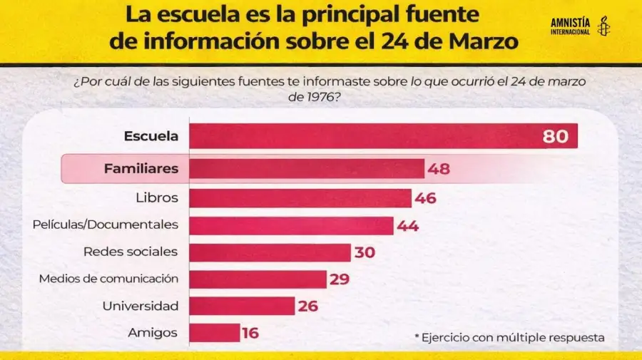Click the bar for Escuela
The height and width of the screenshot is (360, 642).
pos(364,136)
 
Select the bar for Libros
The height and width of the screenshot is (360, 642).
pos(300,198)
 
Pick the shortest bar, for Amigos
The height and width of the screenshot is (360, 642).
pos(215,333)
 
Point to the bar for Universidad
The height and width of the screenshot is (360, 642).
pos(242,306)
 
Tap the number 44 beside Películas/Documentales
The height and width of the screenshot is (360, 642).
pos(408,226)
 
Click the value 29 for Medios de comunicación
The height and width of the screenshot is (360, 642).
pos(340,279)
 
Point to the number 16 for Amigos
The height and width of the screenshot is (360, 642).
pos(250,333)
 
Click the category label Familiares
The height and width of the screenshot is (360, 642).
pos(141,169)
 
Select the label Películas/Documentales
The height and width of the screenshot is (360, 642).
pos(105,225)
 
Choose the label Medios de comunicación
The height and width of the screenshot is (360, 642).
pos(108,279)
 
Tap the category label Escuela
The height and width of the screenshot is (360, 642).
pos(151,136)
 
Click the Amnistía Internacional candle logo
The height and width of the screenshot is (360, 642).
pos(603,26)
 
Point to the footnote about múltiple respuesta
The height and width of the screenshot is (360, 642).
pos(509,337)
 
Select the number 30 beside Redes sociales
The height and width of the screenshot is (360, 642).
pos(364,252)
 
